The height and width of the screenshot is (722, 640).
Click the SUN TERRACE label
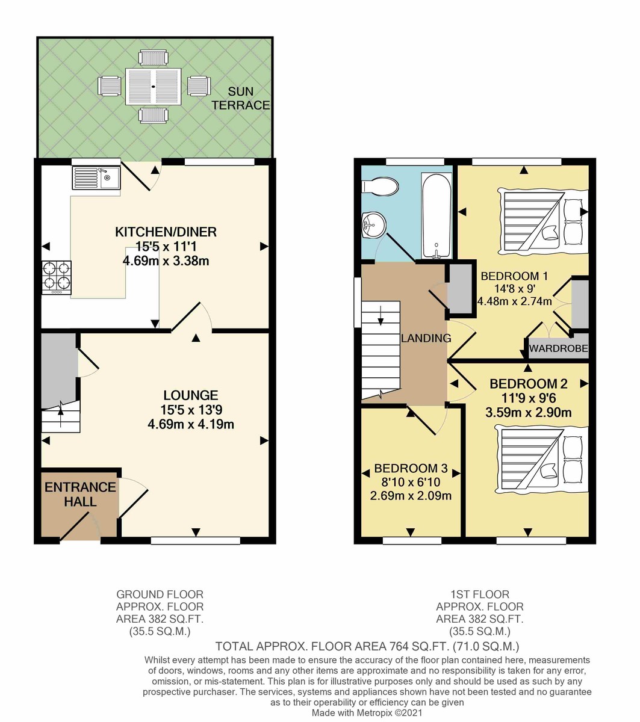point(249,99)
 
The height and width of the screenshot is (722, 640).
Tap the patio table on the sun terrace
point(153,87)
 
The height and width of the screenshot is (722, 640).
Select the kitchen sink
point(96,177)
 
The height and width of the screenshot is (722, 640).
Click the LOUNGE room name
point(190,395)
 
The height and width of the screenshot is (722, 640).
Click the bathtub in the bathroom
point(436,214)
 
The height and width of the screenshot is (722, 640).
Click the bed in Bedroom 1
point(542,220)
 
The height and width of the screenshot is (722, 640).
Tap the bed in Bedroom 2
point(541,458)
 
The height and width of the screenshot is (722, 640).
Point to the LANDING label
point(426,338)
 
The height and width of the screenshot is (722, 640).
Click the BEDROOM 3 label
point(410,468)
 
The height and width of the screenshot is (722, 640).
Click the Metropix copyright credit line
point(367,713)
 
